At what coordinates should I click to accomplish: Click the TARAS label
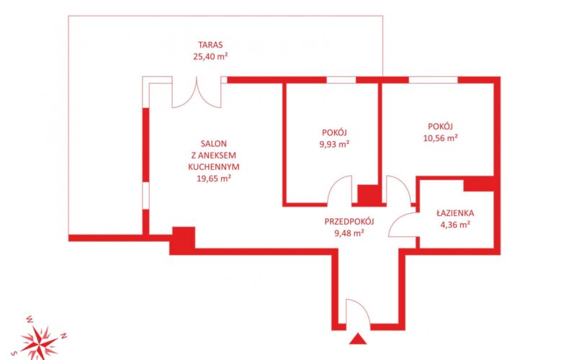(x=210, y=45)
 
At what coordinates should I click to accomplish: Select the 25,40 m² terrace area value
(x=210, y=56)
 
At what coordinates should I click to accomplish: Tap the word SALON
(x=214, y=144)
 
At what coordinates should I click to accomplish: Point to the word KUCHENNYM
(x=214, y=167)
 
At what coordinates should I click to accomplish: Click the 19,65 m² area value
(x=214, y=179)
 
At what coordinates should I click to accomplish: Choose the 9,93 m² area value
(x=334, y=144)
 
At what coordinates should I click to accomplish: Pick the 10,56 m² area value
(x=440, y=138)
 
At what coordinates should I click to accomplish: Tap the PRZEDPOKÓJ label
(x=349, y=221)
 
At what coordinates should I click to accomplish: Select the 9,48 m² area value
(x=349, y=233)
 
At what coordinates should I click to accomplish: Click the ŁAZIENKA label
(x=455, y=213)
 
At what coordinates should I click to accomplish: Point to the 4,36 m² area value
(x=455, y=225)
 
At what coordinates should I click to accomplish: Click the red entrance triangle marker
(x=358, y=339)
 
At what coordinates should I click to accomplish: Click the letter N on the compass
(x=63, y=336)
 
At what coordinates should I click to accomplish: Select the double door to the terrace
(x=197, y=92)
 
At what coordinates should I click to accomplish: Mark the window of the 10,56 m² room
(x=434, y=80)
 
